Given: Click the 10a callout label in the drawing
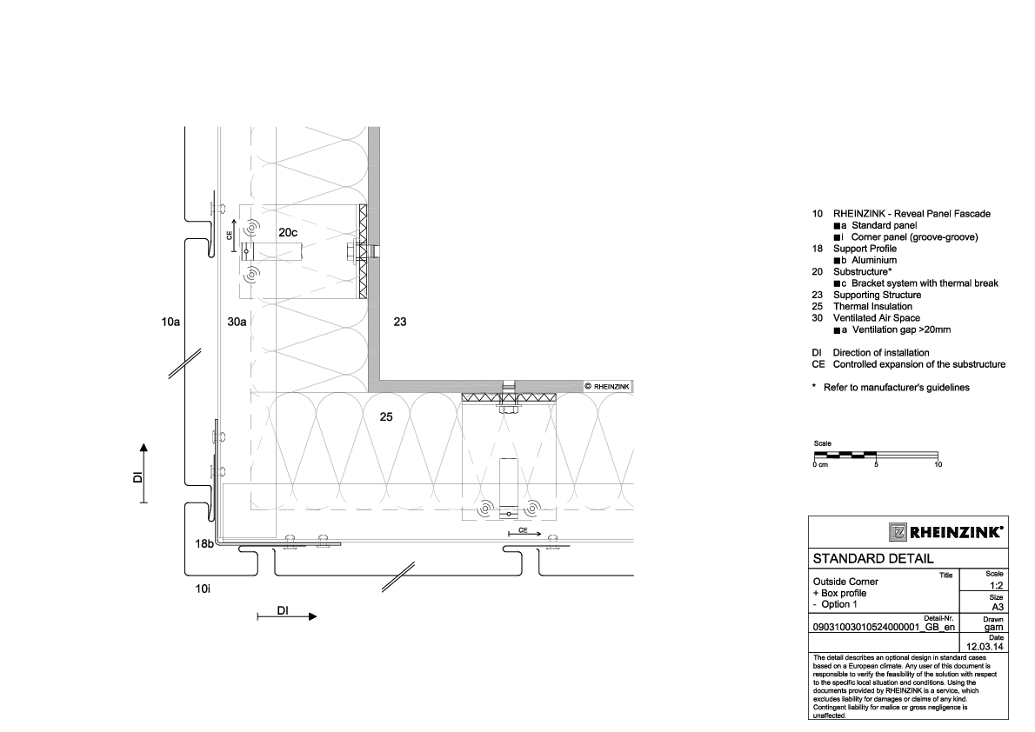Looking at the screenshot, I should pyautogui.click(x=170, y=323).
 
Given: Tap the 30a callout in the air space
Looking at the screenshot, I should pyautogui.click(x=237, y=323).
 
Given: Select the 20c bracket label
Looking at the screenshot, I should pyautogui.click(x=288, y=233).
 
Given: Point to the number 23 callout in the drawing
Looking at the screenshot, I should pyautogui.click(x=400, y=323).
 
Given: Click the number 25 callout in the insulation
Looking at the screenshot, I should pyautogui.click(x=387, y=417).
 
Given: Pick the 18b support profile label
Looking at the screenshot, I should pyautogui.click(x=204, y=543).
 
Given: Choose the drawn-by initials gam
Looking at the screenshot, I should pyautogui.click(x=997, y=627).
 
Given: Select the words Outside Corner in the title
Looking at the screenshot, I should pyautogui.click(x=845, y=582).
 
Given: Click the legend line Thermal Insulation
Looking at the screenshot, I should pyautogui.click(x=872, y=307).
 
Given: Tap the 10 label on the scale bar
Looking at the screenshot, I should pyautogui.click(x=938, y=465).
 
